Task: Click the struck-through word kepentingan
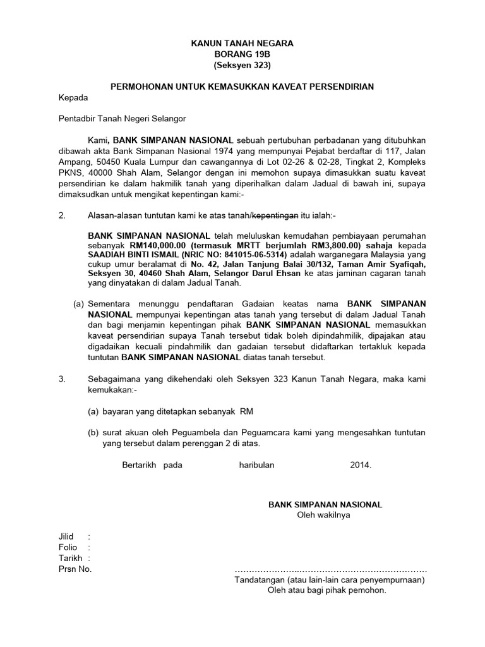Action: pos(275,215)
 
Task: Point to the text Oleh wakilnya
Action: pos(325,515)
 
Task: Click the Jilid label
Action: pos(66,536)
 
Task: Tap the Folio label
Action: pos(68,547)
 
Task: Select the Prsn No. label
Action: pos(75,569)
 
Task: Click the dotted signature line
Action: pos(330,570)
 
